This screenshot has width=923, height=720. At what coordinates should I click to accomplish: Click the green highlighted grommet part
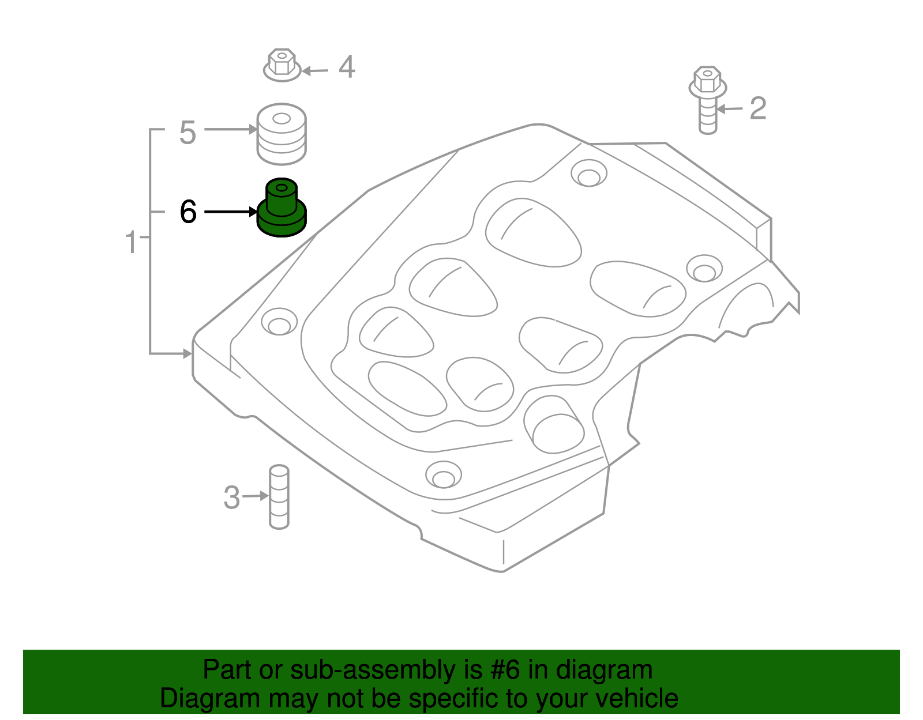pyautogui.click(x=282, y=208)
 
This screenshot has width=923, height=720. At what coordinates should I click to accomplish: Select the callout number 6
pyautogui.click(x=188, y=212)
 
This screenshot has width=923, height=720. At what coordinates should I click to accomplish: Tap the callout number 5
pyautogui.click(x=187, y=133)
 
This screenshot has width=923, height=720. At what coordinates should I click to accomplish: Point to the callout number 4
pyautogui.click(x=346, y=67)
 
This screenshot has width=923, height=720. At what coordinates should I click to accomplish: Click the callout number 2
pyautogui.click(x=757, y=108)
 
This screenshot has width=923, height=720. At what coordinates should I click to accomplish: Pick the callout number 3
pyautogui.click(x=231, y=497)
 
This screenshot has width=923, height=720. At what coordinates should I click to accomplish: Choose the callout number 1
pyautogui.click(x=132, y=242)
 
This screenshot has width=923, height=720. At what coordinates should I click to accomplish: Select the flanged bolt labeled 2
pyautogui.click(x=707, y=98)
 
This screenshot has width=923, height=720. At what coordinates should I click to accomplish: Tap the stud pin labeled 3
pyautogui.click(x=279, y=496)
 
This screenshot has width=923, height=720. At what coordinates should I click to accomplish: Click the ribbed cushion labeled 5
pyautogui.click(x=282, y=134)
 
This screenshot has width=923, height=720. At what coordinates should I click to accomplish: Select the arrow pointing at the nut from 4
pyautogui.click(x=315, y=71)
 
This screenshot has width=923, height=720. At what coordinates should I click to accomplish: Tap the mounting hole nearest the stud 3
pyautogui.click(x=443, y=476)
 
